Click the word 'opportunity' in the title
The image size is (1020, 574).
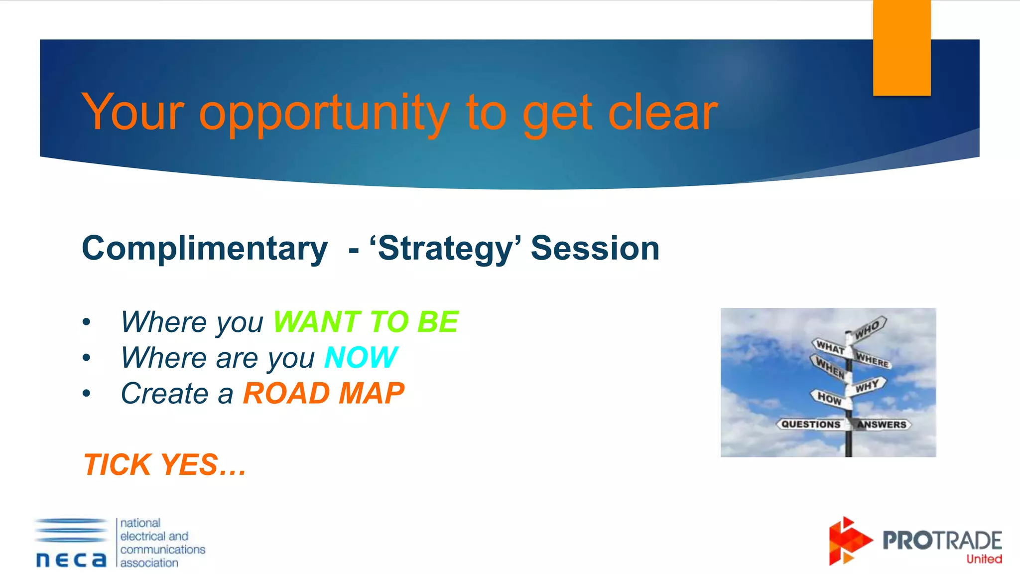(324, 114)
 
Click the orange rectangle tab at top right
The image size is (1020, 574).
(901, 47)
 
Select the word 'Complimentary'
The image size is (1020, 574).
(205, 248)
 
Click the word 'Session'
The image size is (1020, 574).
(595, 248)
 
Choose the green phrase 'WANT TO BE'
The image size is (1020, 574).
(366, 321)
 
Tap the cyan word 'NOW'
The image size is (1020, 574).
(361, 357)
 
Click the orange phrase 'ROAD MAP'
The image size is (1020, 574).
(324, 393)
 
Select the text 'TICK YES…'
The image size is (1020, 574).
(164, 464)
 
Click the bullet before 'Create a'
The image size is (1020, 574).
(87, 394)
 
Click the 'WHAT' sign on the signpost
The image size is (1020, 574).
(830, 347)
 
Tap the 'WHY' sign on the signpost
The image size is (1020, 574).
(868, 386)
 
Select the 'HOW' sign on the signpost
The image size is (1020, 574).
(829, 398)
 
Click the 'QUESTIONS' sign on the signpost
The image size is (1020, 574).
(810, 424)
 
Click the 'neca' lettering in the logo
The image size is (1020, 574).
(71, 559)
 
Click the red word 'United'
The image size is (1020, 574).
(984, 559)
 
